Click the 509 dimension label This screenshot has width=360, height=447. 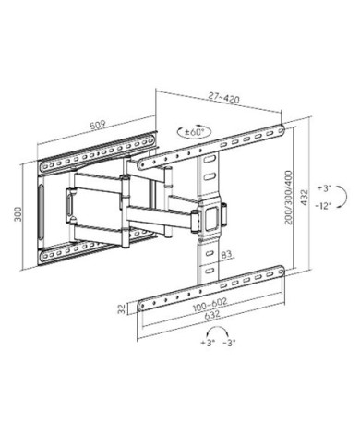pos(98,126)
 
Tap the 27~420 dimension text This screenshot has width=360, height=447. pos(223,98)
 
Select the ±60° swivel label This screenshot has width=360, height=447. pos(195,132)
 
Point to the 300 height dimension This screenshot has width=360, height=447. pos(18,214)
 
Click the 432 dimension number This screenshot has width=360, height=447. pos(304,198)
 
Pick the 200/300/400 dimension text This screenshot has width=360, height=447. pos(289,198)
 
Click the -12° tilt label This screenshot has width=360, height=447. pos(323,206)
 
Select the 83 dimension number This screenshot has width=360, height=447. pos(226,254)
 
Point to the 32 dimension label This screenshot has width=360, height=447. pos(122,308)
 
